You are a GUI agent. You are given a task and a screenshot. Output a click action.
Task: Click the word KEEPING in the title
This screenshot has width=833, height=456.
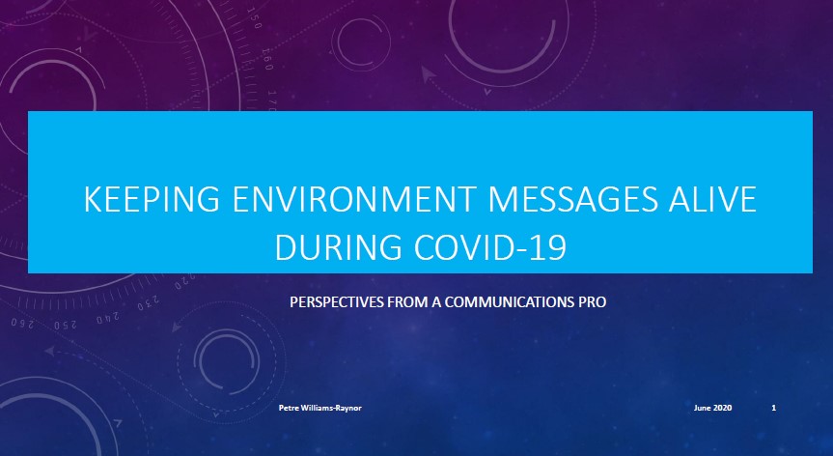click(152, 199)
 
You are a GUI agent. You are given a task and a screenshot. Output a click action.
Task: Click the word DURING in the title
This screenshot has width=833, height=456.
click(338, 247)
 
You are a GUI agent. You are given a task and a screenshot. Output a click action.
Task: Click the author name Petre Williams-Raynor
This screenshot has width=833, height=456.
click(319, 408)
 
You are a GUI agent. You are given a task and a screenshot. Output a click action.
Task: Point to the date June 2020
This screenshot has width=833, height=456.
click(712, 408)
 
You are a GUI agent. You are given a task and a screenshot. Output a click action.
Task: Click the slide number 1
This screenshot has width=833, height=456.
click(773, 408)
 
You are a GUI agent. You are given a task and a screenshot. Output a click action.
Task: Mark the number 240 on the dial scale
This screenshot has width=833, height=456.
click(108, 319)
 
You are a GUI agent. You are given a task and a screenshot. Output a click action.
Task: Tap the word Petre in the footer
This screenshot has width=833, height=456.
click(288, 408)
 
